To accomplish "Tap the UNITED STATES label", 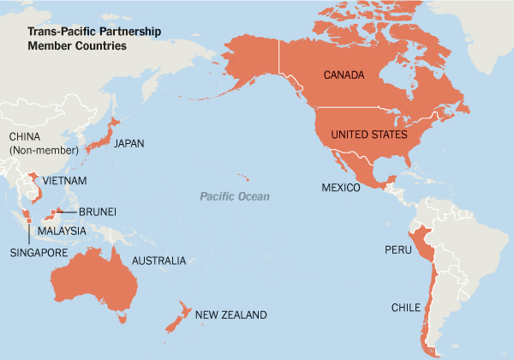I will [x=368, y=135].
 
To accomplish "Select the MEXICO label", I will [x=340, y=187].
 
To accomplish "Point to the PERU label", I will [x=398, y=251].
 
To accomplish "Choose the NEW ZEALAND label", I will [x=231, y=315].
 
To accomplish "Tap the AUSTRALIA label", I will [x=158, y=260].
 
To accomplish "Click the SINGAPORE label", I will [x=39, y=252].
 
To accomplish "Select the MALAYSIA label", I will [x=61, y=231].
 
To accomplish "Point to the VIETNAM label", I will [x=63, y=181].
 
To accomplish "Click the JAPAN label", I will [x=128, y=143].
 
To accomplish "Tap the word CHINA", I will [x=25, y=137].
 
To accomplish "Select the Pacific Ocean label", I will [x=235, y=197].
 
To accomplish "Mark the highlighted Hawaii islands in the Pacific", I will [x=245, y=178].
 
